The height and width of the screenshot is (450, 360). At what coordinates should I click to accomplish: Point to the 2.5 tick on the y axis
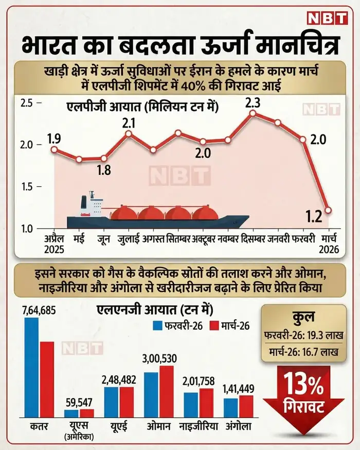coord(26,103)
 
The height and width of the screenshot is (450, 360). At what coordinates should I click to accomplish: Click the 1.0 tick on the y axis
coord(26,228)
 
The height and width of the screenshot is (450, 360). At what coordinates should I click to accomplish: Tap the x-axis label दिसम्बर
coord(253,239)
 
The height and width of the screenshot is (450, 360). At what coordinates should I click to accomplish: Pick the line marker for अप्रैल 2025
coord(54,150)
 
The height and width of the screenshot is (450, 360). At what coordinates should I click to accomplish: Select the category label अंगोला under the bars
coord(239,426)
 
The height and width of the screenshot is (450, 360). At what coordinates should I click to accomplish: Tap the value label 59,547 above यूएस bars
coord(79,401)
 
